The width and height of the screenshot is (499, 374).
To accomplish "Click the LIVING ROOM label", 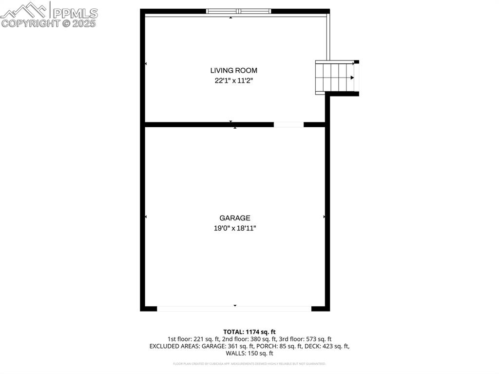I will click(233, 71).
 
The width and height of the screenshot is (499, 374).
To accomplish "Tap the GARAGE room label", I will click(234, 218).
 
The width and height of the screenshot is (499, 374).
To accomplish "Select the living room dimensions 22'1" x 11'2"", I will click(233, 81).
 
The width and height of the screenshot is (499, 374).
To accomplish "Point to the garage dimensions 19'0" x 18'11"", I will click(234, 228).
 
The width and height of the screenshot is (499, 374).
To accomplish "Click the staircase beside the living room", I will click(335, 77).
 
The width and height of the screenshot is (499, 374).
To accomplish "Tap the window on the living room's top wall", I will click(238, 11).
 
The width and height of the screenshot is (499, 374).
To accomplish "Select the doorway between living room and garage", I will click(288, 124).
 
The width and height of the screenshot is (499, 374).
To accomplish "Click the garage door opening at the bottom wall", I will click(234, 308).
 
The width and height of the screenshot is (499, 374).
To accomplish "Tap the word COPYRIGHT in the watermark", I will click(30, 23).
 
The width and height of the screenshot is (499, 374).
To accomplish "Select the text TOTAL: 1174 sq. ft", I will click(249, 332).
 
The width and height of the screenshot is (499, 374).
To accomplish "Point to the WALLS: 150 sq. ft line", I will click(249, 354).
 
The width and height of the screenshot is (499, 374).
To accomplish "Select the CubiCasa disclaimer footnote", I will click(249, 364).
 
